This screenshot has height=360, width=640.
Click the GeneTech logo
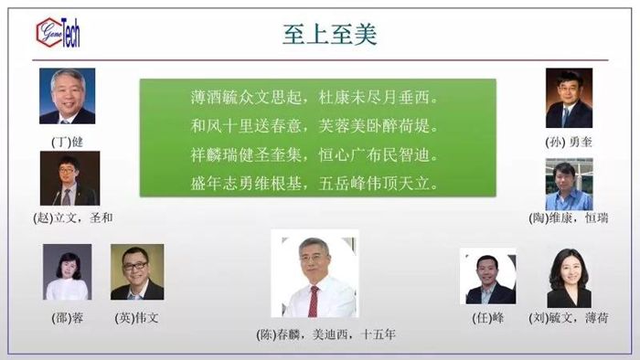click(x=58, y=34)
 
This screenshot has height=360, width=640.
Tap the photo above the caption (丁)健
click(x=67, y=96)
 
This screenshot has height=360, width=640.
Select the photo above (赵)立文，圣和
click(x=69, y=178)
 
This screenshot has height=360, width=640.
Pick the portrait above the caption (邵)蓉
click(x=67, y=272)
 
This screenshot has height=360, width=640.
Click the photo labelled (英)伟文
click(x=137, y=272)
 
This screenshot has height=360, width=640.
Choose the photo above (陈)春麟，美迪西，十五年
click(x=315, y=274)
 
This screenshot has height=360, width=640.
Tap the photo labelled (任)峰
click(x=487, y=277)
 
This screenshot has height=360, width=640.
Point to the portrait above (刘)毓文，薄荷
click(x=568, y=277)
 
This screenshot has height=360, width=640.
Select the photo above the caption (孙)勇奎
click(x=569, y=98)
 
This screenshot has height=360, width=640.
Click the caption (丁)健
click(x=67, y=141)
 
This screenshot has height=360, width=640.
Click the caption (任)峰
click(x=487, y=318)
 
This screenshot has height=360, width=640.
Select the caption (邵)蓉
click(x=67, y=318)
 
